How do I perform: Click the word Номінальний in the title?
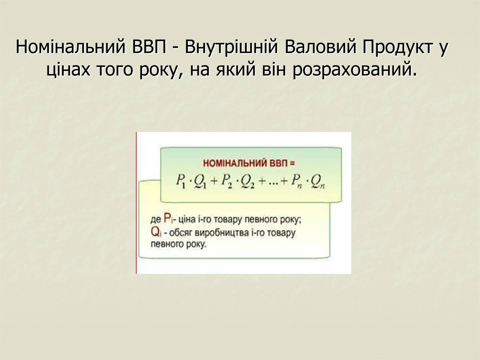(x=70, y=47)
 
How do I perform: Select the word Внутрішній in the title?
(x=231, y=47)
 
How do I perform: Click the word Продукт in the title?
(x=397, y=47)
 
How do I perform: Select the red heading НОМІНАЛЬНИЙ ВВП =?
(x=249, y=163)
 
